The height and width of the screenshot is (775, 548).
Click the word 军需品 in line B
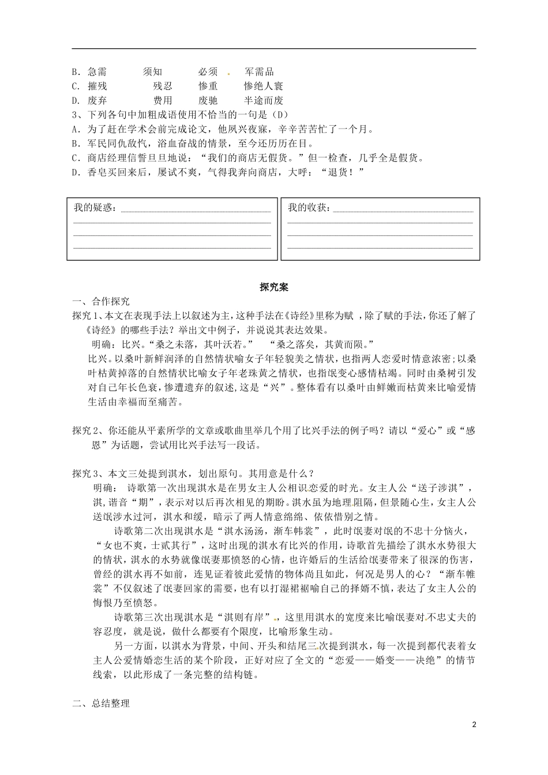pos(259,72)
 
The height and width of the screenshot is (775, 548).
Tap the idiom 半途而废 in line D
pos(264,101)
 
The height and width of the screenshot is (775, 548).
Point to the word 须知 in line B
pos(153,72)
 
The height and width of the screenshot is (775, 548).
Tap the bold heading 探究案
pos(274,287)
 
